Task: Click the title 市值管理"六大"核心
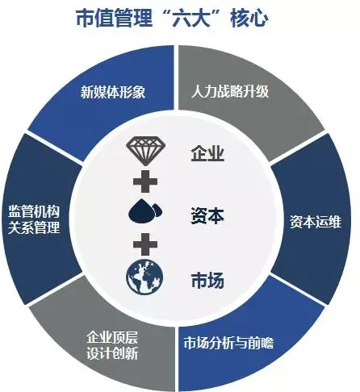coord(172,18)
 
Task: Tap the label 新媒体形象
coord(113,92)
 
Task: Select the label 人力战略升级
coord(230,91)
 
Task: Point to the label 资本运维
coord(316,222)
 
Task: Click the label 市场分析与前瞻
coord(228,343)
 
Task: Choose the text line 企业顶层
coord(112,337)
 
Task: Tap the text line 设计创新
coord(112,353)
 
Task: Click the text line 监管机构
coord(34,211)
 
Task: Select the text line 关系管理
coord(34,227)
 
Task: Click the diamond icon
coord(145,151)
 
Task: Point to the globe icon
coord(144,277)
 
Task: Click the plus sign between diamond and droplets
coord(145,181)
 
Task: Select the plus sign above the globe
coord(145,244)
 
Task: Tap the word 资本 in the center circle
coord(207,216)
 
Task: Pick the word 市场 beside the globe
coord(207,281)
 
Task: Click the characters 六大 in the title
coord(190,18)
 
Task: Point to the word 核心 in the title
coord(249,18)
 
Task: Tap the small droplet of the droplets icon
coord(157,210)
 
